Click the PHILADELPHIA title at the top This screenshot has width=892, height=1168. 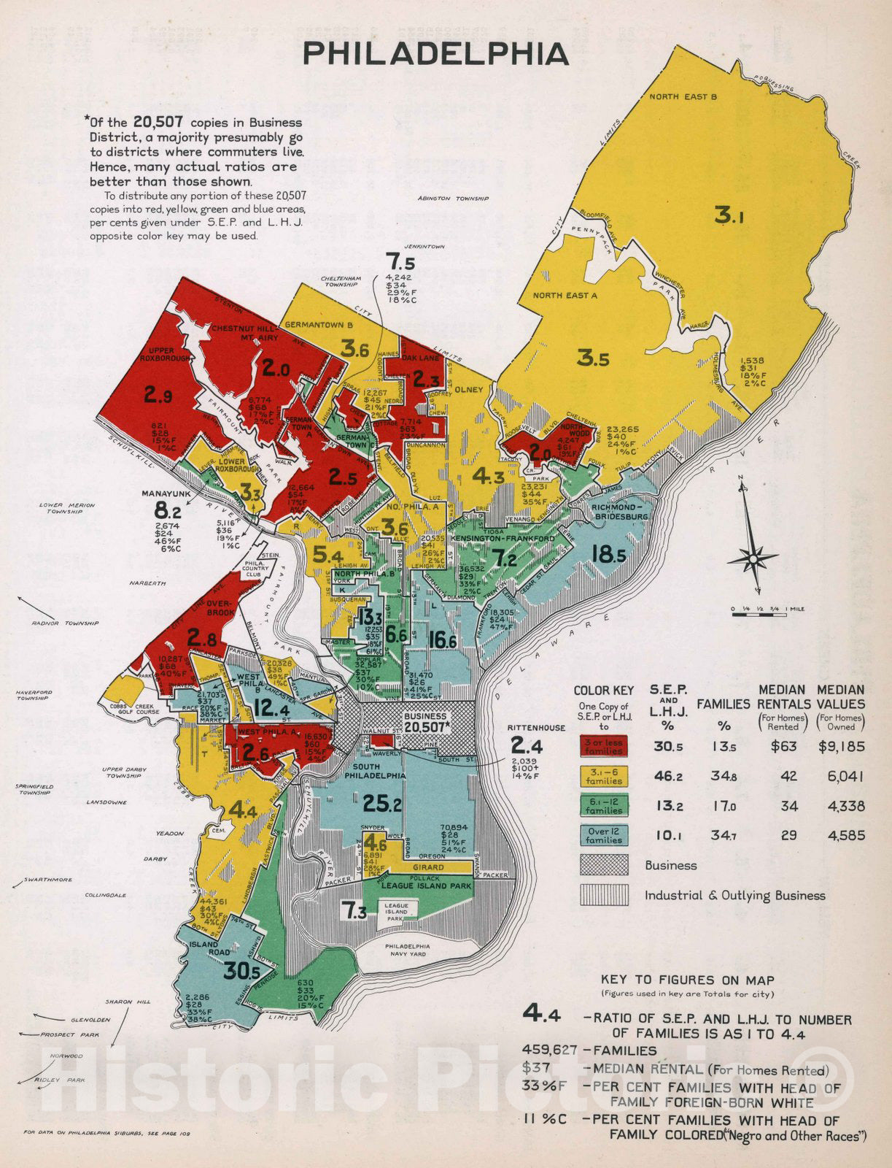tap(436, 55)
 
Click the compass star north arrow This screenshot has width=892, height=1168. tap(751, 558)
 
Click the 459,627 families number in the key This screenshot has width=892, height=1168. tap(548, 1050)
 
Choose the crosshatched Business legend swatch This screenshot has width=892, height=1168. tap(604, 865)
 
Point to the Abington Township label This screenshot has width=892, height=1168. tap(452, 199)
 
